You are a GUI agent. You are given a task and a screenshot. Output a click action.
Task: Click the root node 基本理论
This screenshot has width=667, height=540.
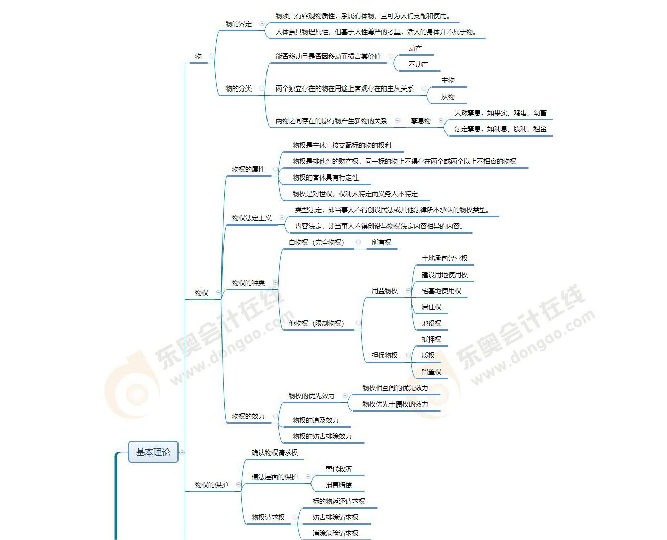(153, 452)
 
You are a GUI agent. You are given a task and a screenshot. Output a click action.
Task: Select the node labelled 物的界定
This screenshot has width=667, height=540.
(238, 24)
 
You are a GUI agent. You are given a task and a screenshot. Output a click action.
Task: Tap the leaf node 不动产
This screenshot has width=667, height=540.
(418, 64)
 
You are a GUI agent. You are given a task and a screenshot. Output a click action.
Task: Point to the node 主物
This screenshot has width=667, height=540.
(448, 80)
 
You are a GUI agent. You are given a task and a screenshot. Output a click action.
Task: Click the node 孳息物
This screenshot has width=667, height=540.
(420, 121)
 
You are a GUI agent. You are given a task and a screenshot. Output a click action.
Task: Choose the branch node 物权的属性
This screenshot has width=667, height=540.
(248, 169)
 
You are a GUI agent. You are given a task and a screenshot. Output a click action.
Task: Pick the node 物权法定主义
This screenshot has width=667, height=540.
(251, 218)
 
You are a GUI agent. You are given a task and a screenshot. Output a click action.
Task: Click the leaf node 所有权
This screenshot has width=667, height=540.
(381, 242)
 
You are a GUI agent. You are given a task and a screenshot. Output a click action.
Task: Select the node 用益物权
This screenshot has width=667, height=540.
(384, 291)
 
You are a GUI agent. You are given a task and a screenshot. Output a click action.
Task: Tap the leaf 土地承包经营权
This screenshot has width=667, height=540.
(444, 258)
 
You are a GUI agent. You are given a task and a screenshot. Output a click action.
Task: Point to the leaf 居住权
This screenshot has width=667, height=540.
(431, 307)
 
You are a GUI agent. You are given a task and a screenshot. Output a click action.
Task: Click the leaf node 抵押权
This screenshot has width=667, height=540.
(431, 339)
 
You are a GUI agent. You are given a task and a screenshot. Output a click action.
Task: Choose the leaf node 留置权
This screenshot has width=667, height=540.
(431, 372)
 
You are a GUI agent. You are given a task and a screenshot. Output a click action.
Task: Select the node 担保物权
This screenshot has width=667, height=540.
(384, 355)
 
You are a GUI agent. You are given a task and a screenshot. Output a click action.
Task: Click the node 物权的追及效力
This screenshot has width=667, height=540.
(315, 420)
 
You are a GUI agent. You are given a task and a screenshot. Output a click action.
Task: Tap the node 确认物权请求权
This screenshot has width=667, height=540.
(275, 453)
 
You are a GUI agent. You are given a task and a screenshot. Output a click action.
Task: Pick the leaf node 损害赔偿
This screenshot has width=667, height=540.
(338, 485)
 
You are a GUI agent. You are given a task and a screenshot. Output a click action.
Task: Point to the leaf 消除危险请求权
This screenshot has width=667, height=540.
(335, 533)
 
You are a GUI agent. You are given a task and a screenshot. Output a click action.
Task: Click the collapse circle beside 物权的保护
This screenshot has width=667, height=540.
(238, 485)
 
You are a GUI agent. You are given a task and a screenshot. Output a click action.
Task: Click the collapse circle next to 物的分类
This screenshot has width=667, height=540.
(262, 88)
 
